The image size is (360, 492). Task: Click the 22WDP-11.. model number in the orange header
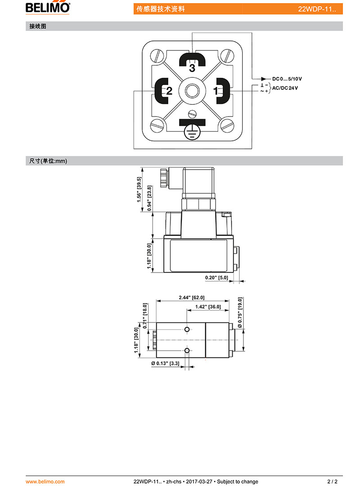317,9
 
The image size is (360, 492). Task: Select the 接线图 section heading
38,27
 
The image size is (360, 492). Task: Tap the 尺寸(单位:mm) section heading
48,161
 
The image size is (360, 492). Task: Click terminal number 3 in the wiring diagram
192,68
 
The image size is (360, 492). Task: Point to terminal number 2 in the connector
169,91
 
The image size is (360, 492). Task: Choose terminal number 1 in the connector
216,91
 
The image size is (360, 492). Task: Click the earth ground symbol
192,132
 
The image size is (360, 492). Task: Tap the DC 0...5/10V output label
287,79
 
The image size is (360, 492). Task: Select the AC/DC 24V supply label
285,88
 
